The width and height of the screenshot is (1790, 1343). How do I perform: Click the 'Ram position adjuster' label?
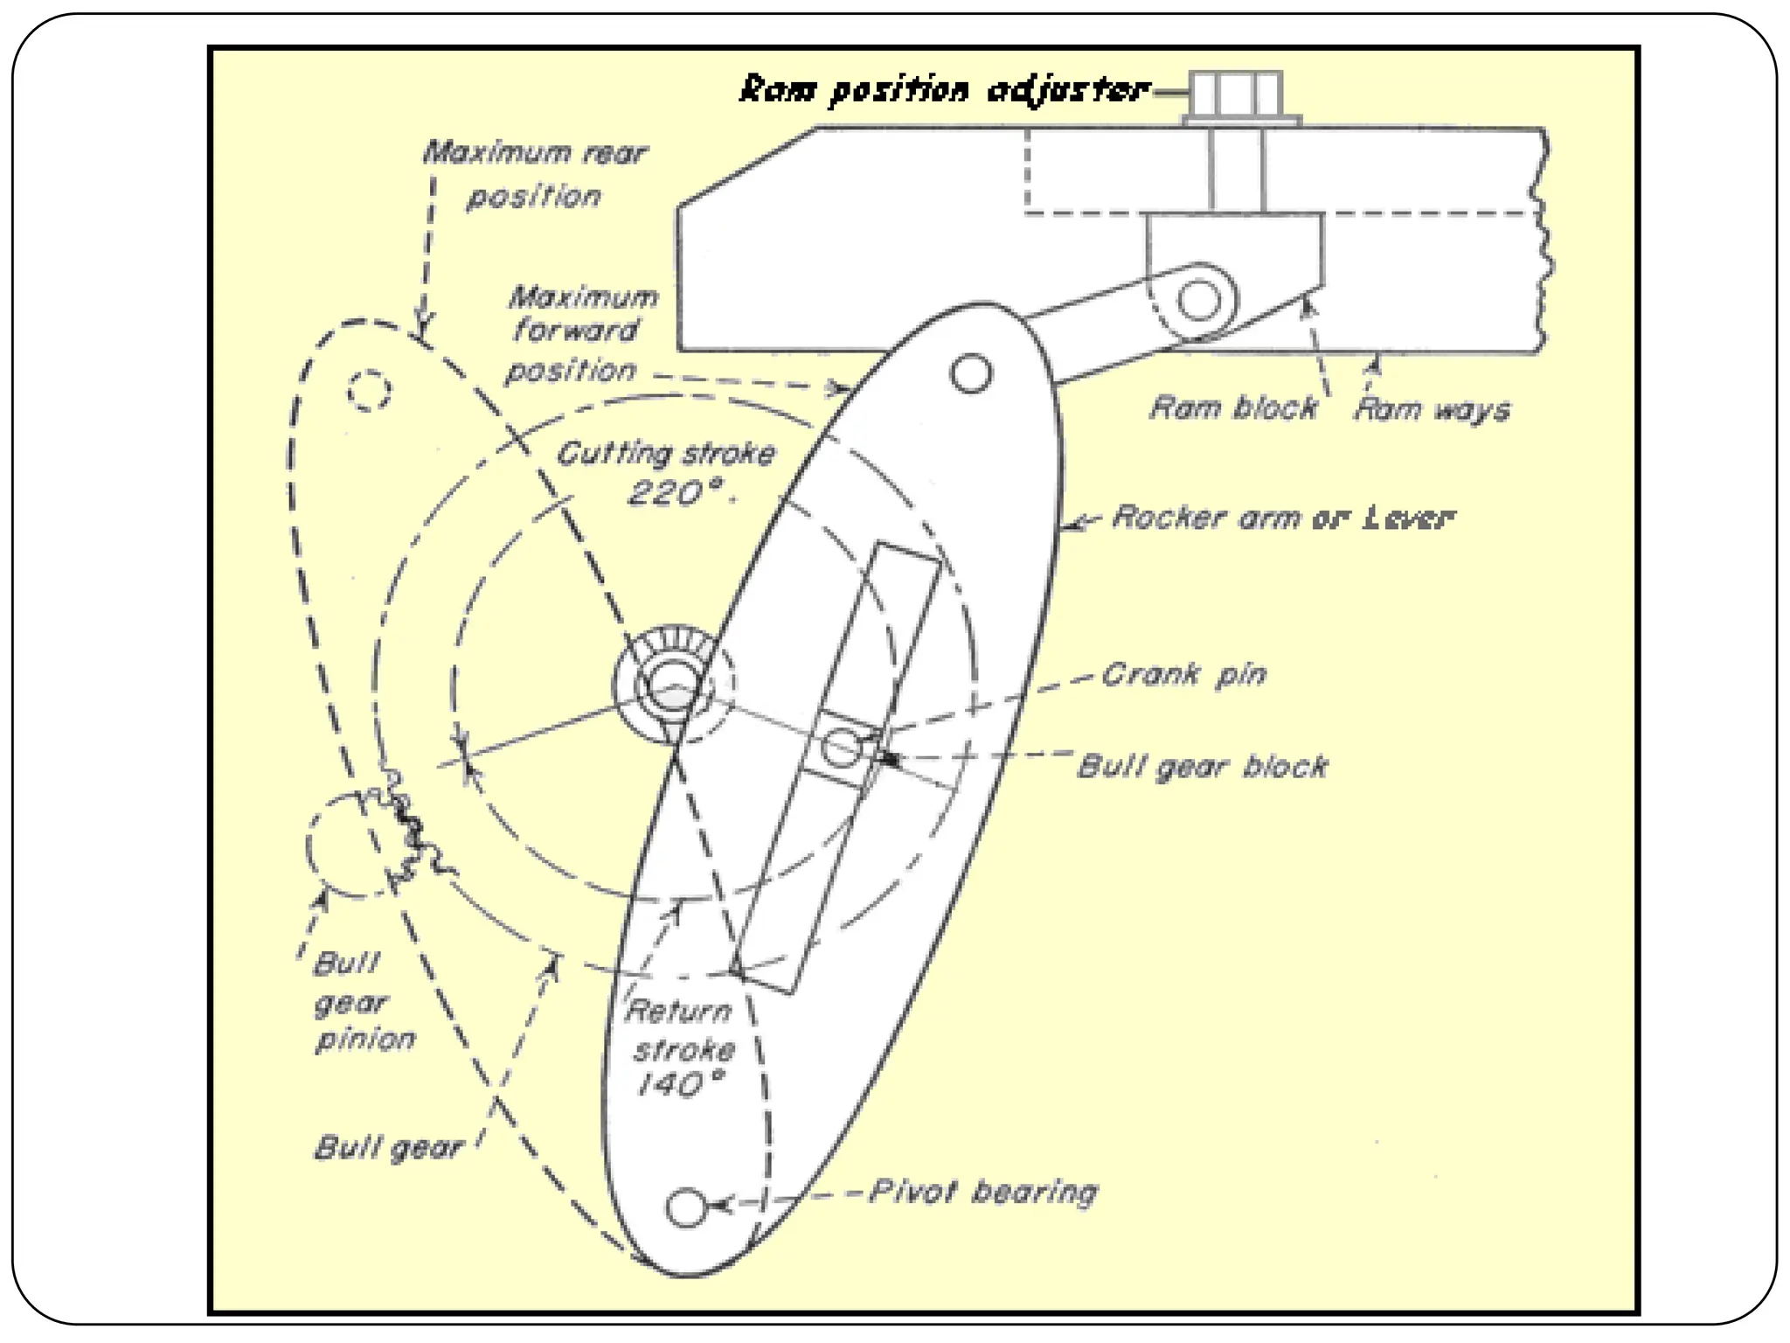[x=944, y=90]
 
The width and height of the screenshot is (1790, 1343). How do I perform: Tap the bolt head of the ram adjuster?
[x=1236, y=94]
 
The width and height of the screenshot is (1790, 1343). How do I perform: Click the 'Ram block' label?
[x=1233, y=408]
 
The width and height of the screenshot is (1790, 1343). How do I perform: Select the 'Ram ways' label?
[x=1432, y=409]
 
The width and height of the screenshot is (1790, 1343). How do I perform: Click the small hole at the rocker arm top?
[x=971, y=373]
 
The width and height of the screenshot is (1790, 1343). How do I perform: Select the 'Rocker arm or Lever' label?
[x=1283, y=518]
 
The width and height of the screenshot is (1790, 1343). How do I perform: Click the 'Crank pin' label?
[x=1183, y=674]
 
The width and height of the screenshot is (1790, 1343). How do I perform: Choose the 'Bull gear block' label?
[x=1203, y=767]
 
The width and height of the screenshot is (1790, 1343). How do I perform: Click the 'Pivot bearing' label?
[x=983, y=1192]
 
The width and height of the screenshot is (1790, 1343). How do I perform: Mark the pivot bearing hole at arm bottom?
[x=686, y=1207]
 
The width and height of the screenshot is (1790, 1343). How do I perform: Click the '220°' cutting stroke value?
[x=676, y=494]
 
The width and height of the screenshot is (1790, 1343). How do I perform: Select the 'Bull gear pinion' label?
[x=364, y=1002]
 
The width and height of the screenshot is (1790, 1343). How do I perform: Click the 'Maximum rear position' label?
[x=534, y=174]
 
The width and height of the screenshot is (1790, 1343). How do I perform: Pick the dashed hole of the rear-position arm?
[x=369, y=390]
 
